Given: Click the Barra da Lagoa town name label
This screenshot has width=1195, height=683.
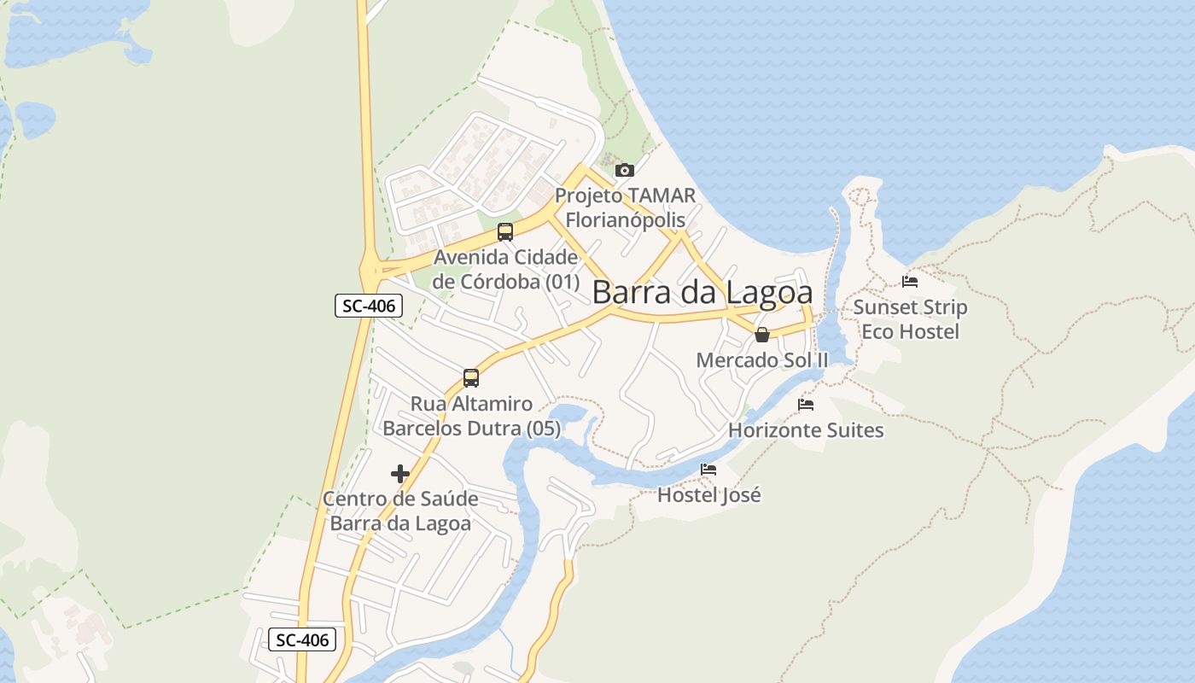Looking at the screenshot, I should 702,292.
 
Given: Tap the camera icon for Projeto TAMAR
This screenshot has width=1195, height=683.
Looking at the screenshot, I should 625,170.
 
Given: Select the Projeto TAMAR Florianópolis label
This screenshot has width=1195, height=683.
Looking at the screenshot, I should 625,207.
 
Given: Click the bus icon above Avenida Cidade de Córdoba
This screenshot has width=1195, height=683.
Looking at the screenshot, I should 505,231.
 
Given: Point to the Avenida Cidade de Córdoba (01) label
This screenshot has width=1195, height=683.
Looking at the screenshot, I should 506,269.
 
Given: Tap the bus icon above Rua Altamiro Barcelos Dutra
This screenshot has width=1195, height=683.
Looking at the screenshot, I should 470,377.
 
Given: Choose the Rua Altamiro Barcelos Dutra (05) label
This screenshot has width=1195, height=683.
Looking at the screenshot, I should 471,416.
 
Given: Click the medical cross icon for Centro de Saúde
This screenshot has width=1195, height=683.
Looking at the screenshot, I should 399,473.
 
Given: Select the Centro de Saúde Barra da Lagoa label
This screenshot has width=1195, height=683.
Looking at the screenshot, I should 400,511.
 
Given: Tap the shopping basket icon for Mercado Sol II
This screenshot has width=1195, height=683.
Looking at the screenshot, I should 762,334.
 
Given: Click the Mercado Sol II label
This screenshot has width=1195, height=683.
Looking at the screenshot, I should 762,360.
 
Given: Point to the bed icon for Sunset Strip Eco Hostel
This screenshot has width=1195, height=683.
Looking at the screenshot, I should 910,281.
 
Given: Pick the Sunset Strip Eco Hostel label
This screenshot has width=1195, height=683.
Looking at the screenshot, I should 910,319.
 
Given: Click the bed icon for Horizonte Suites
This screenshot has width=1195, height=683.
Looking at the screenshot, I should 806,404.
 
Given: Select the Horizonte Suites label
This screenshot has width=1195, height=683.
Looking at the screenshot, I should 806,429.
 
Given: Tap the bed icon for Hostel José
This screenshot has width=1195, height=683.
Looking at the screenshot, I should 708,469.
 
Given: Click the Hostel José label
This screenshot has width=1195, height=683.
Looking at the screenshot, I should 708,494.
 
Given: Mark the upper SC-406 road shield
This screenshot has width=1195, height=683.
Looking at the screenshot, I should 368,306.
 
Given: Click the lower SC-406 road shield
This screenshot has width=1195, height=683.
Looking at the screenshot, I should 302,639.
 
